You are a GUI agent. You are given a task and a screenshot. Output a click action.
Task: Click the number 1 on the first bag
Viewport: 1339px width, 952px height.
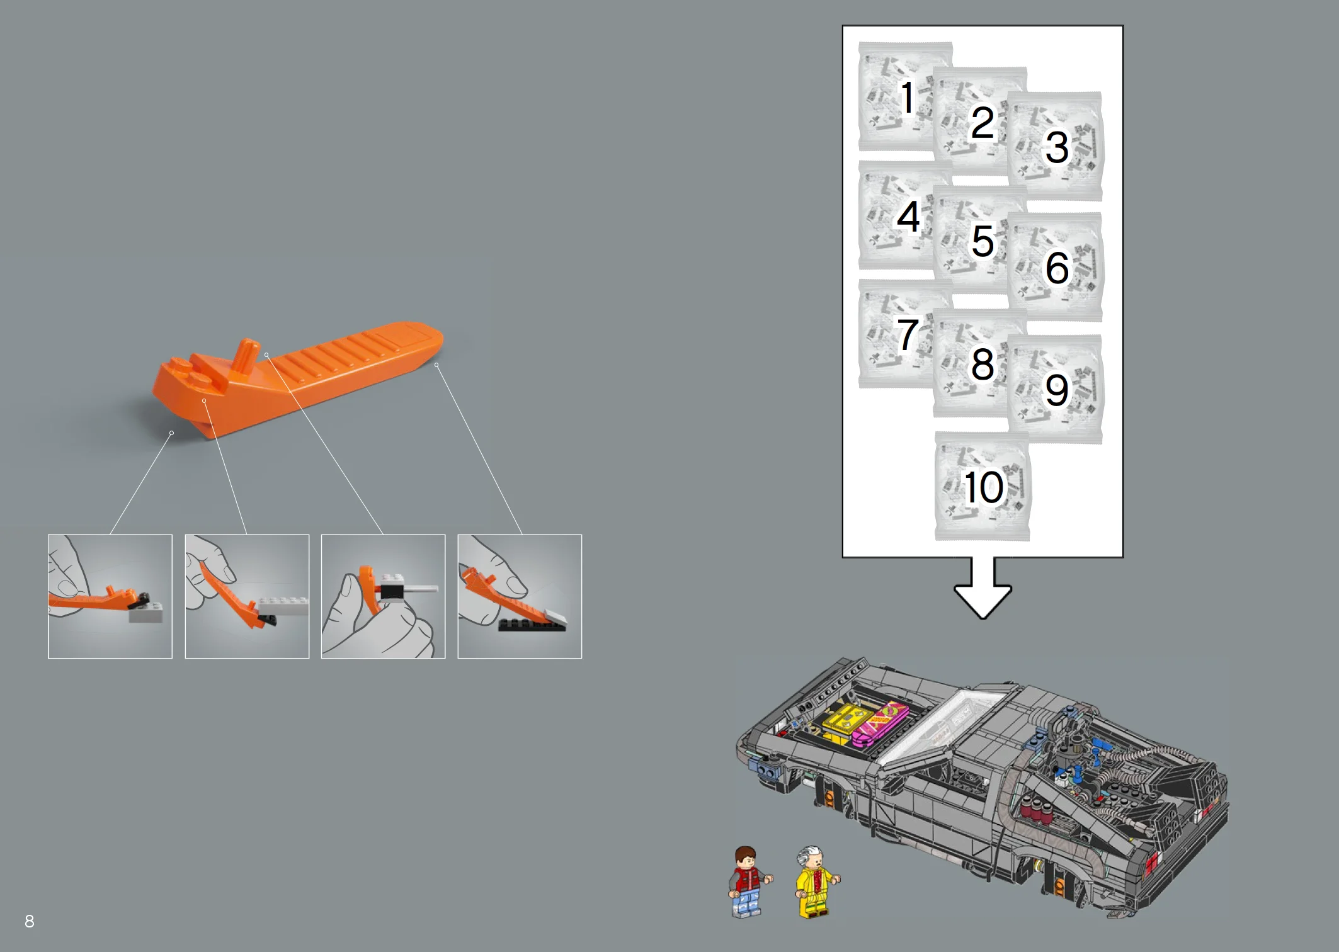[907, 98]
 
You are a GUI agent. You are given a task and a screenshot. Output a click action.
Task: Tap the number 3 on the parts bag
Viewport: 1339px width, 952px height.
[1057, 147]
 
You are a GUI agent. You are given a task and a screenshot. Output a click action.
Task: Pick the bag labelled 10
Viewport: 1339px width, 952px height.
[983, 487]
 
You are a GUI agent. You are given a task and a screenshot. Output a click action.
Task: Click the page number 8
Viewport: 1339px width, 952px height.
[30, 921]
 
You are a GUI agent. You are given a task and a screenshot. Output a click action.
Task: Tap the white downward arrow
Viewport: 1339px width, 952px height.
[983, 589]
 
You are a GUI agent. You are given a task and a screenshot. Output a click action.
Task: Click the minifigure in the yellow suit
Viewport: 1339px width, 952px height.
[814, 881]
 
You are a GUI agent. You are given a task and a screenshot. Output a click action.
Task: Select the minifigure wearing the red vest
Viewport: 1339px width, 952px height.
[747, 881]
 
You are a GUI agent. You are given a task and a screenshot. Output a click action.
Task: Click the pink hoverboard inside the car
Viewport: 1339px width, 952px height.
[880, 724]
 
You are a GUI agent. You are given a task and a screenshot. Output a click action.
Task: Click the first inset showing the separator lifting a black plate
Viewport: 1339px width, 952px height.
[110, 596]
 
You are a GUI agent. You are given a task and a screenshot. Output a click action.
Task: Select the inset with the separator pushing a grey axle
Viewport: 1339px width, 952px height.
[383, 596]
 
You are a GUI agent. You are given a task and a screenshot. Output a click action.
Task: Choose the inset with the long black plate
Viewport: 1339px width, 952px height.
[520, 596]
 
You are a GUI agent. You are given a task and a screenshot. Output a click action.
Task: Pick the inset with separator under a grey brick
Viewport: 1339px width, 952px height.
[247, 596]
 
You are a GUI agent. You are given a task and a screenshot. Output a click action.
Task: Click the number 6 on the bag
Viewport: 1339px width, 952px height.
[1057, 268]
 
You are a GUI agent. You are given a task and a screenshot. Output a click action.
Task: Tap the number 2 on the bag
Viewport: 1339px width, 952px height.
[982, 122]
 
